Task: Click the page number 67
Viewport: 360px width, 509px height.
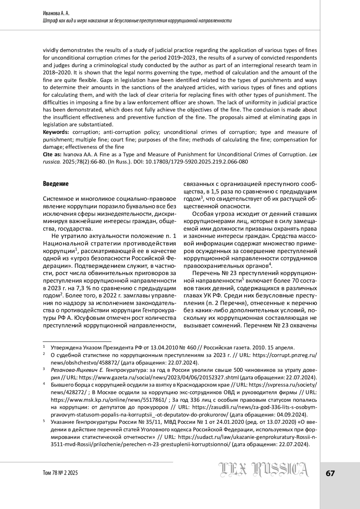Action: tap(330, 473)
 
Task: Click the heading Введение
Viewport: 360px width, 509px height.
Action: tap(56, 184)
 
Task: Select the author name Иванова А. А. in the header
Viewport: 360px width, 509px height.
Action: tap(57, 13)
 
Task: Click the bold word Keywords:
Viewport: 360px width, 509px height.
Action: tap(56, 132)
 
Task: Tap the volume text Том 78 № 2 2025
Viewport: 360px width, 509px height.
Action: tap(60, 473)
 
